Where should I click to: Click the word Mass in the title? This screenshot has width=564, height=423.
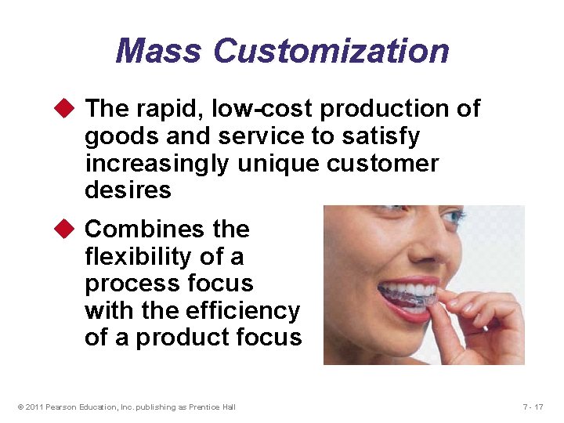point(160,51)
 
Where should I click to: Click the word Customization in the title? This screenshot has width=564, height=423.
point(331,51)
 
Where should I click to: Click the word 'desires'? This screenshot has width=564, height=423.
point(128,190)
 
